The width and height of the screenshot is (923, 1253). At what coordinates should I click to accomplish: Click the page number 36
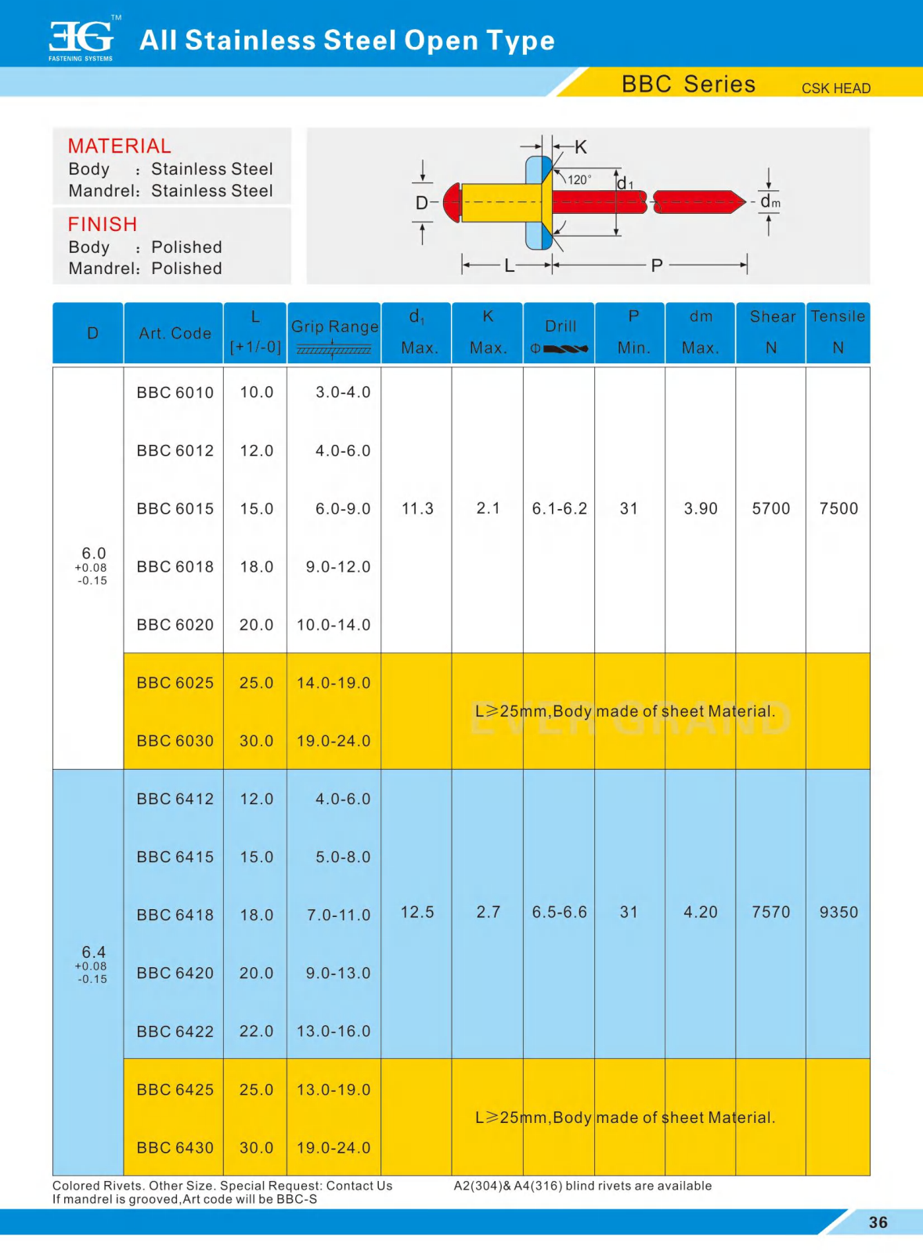point(878,1222)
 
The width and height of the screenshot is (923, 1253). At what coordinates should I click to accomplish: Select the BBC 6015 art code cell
point(175,509)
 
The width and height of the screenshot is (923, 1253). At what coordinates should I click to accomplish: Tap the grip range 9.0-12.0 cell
point(337,567)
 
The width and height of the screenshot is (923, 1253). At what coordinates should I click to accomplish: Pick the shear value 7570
point(770,912)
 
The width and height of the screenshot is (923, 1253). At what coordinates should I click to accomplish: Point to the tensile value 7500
point(838,509)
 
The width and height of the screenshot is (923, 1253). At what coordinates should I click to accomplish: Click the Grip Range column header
point(334,327)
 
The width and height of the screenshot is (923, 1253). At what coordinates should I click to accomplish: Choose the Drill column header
point(560,327)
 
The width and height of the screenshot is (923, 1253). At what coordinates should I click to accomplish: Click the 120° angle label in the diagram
point(579,179)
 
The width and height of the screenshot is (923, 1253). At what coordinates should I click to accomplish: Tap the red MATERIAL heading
point(119,146)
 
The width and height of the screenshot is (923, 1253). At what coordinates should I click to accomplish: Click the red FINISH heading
point(103,225)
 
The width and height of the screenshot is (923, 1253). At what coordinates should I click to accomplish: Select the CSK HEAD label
point(835,88)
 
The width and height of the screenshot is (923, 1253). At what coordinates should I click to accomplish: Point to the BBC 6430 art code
point(175,1148)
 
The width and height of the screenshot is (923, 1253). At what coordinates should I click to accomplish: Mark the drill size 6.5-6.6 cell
point(559,912)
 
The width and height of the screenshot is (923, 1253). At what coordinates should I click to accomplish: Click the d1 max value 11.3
point(417,509)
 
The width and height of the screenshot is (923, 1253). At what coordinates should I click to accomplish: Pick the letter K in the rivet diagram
point(581,147)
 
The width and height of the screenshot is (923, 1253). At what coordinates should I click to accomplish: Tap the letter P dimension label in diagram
point(657,265)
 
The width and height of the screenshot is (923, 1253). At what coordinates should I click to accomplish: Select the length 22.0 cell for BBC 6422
point(256,1031)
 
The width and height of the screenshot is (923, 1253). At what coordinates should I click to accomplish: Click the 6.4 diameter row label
point(93,952)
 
